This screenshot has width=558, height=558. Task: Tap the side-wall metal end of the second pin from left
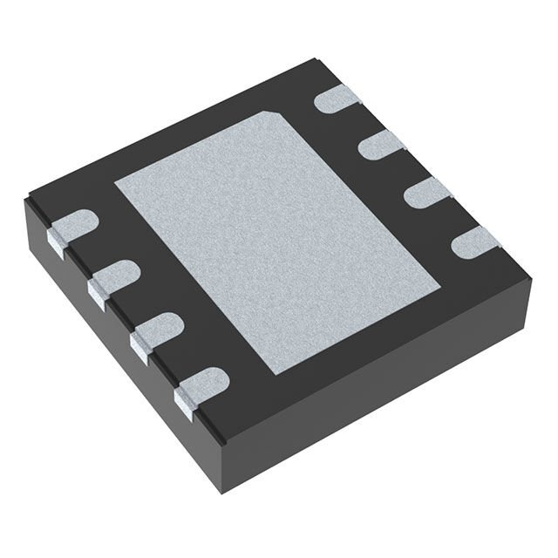pos(96,292)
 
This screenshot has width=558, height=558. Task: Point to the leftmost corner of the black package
pos(24,202)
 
